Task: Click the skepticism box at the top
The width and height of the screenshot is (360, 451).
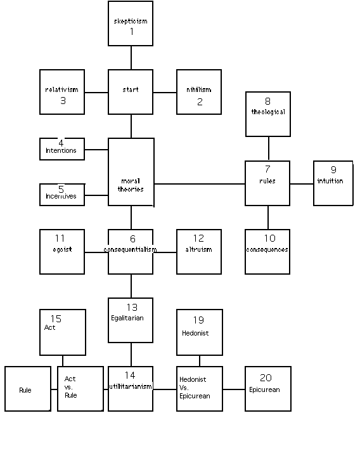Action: click(x=131, y=23)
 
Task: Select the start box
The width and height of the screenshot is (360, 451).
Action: click(x=131, y=92)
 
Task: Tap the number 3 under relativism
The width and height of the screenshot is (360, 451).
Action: click(x=63, y=100)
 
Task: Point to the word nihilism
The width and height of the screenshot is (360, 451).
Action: click(x=199, y=89)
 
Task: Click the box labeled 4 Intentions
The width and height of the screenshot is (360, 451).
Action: click(x=62, y=149)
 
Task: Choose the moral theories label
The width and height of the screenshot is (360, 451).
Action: click(x=131, y=185)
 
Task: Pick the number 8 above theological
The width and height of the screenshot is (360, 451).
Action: click(x=267, y=101)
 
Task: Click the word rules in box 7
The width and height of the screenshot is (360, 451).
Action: click(x=267, y=181)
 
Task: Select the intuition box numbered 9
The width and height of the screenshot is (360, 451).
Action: click(x=333, y=183)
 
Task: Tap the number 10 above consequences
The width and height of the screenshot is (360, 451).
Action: click(x=270, y=238)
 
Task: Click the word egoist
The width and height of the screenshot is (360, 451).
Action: click(x=62, y=249)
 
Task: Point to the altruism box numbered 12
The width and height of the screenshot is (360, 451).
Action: click(x=199, y=252)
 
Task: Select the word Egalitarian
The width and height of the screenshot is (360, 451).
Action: click(x=127, y=318)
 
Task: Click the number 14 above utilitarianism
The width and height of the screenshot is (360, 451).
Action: click(x=130, y=375)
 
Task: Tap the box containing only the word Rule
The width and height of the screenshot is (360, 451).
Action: click(x=28, y=389)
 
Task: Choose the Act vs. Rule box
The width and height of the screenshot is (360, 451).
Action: click(x=80, y=389)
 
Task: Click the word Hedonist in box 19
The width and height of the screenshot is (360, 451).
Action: click(x=195, y=333)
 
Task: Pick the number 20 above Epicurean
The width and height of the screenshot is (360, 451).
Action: click(x=266, y=377)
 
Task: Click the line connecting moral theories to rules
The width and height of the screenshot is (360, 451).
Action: click(x=200, y=184)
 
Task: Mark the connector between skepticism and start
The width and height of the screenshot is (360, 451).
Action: click(x=131, y=58)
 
